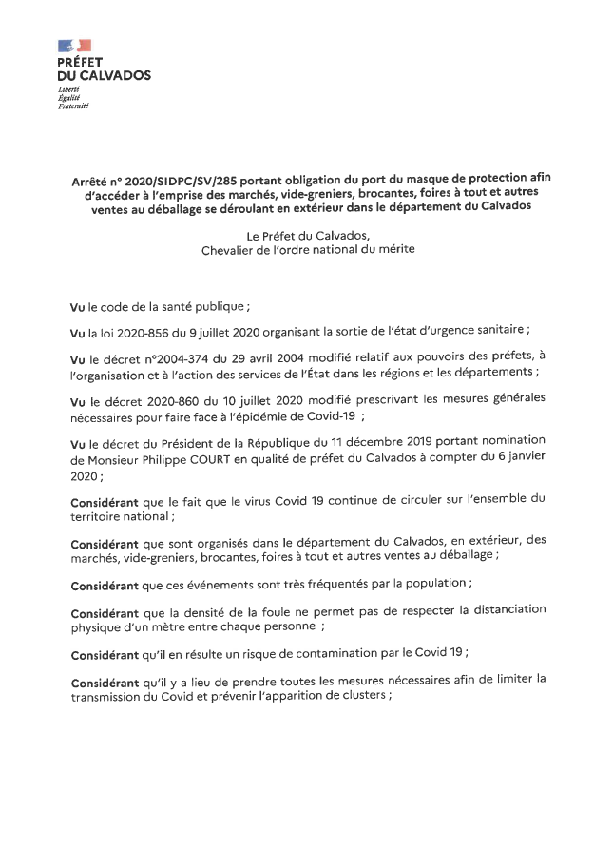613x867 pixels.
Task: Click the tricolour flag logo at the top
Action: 74,46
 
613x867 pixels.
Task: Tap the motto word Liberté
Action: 68,88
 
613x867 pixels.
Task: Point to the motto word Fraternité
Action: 73,105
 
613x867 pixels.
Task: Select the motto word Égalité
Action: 69,97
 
